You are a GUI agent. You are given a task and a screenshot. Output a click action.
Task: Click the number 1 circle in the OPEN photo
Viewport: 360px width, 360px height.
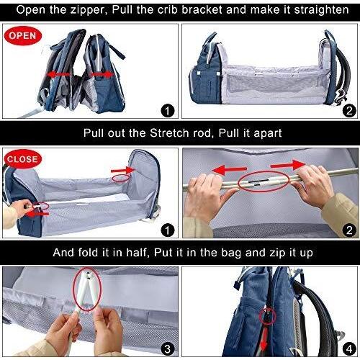(168, 110)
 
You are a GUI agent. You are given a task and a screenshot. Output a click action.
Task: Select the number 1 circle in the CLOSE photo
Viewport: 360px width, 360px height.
(168, 231)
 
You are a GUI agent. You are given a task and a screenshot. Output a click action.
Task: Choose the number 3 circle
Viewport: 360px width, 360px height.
(168, 349)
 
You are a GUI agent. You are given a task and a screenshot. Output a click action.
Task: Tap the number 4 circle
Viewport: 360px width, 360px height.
(348, 349)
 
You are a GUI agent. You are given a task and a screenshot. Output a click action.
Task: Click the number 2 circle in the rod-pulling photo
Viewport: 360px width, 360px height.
(348, 231)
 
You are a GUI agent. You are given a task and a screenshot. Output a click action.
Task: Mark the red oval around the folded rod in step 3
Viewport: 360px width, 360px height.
(88, 291)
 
